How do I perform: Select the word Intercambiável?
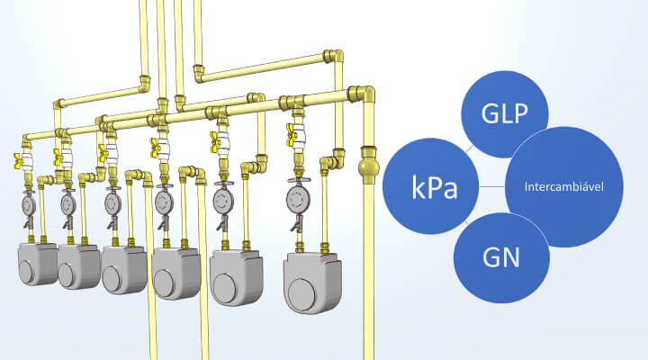coord(564,188)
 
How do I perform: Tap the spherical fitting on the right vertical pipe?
coord(369,168)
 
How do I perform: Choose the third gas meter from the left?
coord(123,269)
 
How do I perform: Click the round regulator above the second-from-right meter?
coord(222,197)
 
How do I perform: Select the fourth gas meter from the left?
coord(175,272)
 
